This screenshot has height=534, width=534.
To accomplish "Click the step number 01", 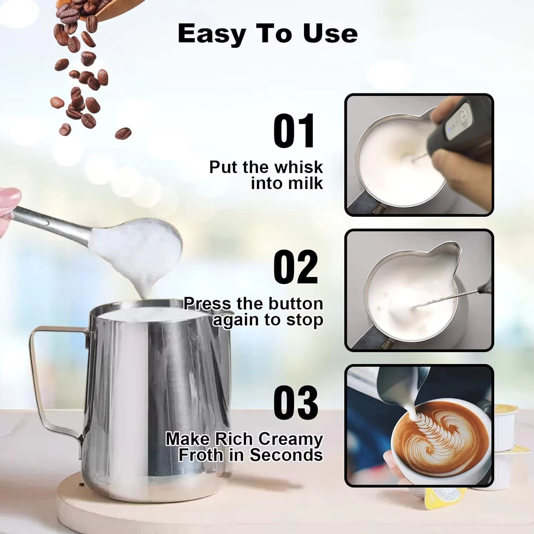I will [x=294, y=131].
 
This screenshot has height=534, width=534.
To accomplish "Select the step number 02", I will [x=295, y=267].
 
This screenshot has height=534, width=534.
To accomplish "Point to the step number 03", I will [x=295, y=402].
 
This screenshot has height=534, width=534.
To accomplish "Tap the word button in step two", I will [x=295, y=304].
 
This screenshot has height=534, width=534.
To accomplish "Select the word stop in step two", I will [x=307, y=319].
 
